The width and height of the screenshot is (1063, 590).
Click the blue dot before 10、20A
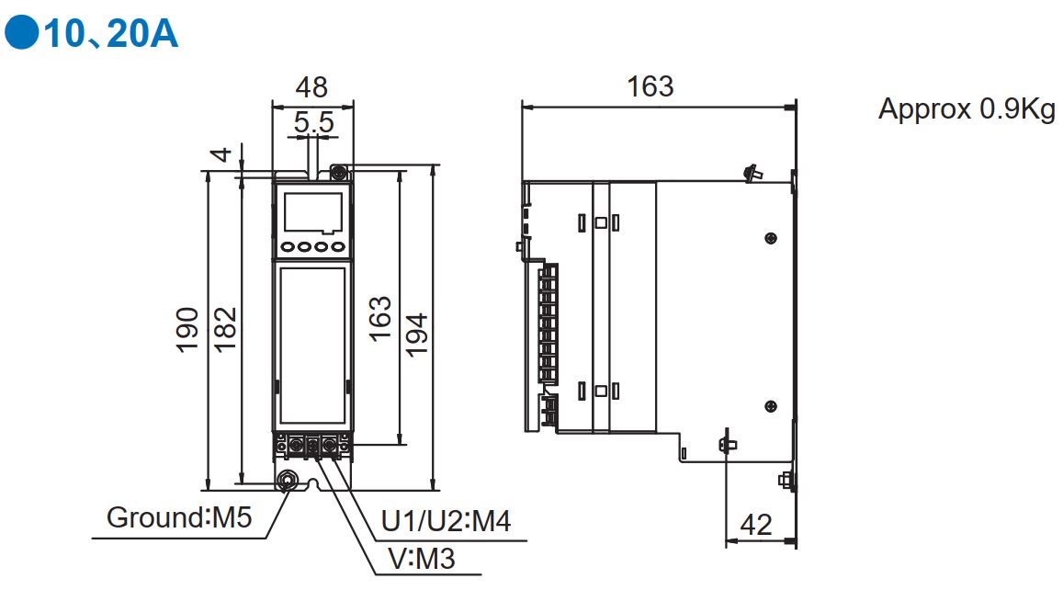pos(22,32)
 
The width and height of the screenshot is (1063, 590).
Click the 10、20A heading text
pos(111,33)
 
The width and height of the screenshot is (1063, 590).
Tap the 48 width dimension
pos(311,87)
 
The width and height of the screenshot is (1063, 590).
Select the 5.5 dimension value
pos(314,122)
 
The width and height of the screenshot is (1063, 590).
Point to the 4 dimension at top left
pos(221,154)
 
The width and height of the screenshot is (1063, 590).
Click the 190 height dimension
pos(187,330)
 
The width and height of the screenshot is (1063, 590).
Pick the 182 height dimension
pos(225,329)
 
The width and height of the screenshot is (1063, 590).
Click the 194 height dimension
pos(417,334)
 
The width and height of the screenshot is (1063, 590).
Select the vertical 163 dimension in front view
pos(379,318)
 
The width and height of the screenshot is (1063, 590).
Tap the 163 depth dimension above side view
pos(650,86)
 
